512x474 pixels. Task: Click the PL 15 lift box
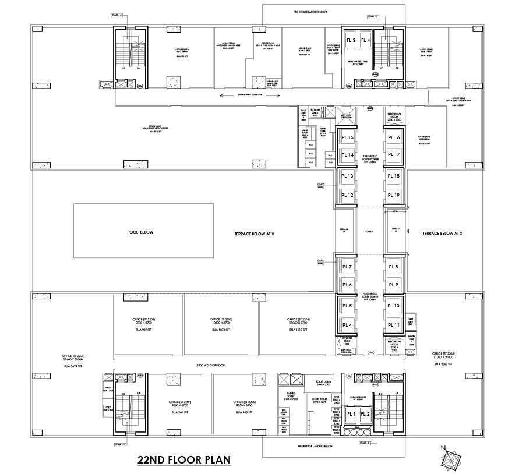348,137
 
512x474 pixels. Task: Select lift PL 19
394,195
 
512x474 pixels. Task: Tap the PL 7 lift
348,267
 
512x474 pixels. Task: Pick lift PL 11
394,325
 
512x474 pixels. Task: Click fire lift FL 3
351,40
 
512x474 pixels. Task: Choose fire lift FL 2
365,414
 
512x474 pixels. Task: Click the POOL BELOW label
140,232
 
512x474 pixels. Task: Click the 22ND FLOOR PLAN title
183,459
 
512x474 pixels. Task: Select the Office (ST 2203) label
221,320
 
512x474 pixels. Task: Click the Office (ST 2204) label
298,320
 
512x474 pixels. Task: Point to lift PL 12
348,195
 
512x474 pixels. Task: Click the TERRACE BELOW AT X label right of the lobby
442,233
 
